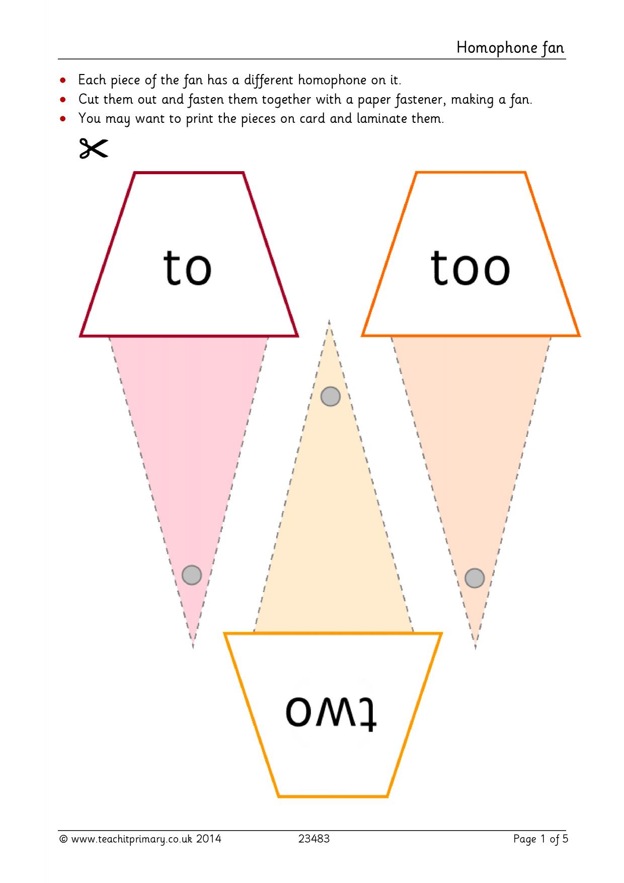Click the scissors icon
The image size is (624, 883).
point(94,149)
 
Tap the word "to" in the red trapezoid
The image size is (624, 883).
point(187,268)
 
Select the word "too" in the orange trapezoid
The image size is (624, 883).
point(470,268)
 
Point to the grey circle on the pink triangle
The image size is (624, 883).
point(192,574)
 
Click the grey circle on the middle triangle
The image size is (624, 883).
point(331,396)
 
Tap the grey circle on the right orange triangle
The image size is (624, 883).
point(475,578)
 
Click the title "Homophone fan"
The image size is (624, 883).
point(510,48)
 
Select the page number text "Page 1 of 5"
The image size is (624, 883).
point(540,839)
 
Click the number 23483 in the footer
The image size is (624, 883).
point(314,839)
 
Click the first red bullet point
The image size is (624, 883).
point(63,81)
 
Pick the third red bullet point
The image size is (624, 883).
point(63,119)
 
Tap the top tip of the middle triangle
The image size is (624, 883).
point(329,320)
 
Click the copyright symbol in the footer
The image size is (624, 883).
point(64,839)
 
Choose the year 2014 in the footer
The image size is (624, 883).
point(208,839)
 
